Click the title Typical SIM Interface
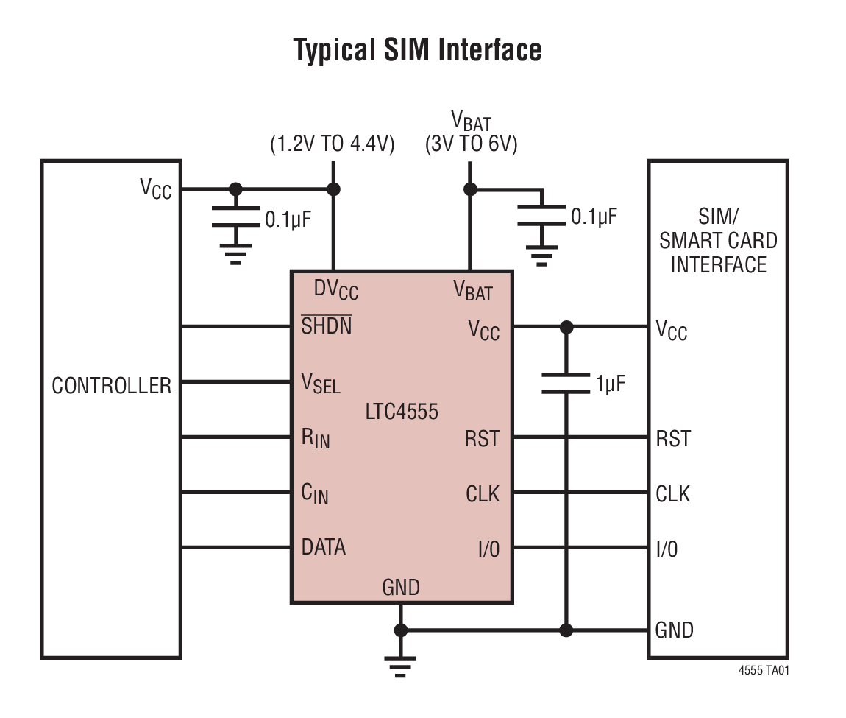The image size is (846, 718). pos(417,50)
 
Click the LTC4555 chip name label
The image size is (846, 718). pos(402,411)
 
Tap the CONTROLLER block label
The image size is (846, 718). pos(111,385)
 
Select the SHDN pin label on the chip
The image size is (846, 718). pos(327,325)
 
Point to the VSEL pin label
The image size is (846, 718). pos(321,383)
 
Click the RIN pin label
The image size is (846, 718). pos(316,438)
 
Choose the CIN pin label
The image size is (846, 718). pos(315,494)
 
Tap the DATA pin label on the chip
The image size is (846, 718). pos(324,547)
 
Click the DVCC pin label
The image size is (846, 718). pos(335,290)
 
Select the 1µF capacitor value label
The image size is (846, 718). pos(610,384)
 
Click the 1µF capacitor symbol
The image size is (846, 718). pos(566,384)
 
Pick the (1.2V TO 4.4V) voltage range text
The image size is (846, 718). pos(333,144)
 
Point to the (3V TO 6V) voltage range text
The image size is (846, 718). pos(471,144)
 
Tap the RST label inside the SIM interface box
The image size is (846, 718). pos(673,439)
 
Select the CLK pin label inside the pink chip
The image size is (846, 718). pos(482,494)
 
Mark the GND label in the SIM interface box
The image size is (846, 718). pos(674,630)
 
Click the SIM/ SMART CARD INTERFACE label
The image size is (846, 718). pos(718,241)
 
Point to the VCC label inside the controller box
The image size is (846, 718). pos(156,189)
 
